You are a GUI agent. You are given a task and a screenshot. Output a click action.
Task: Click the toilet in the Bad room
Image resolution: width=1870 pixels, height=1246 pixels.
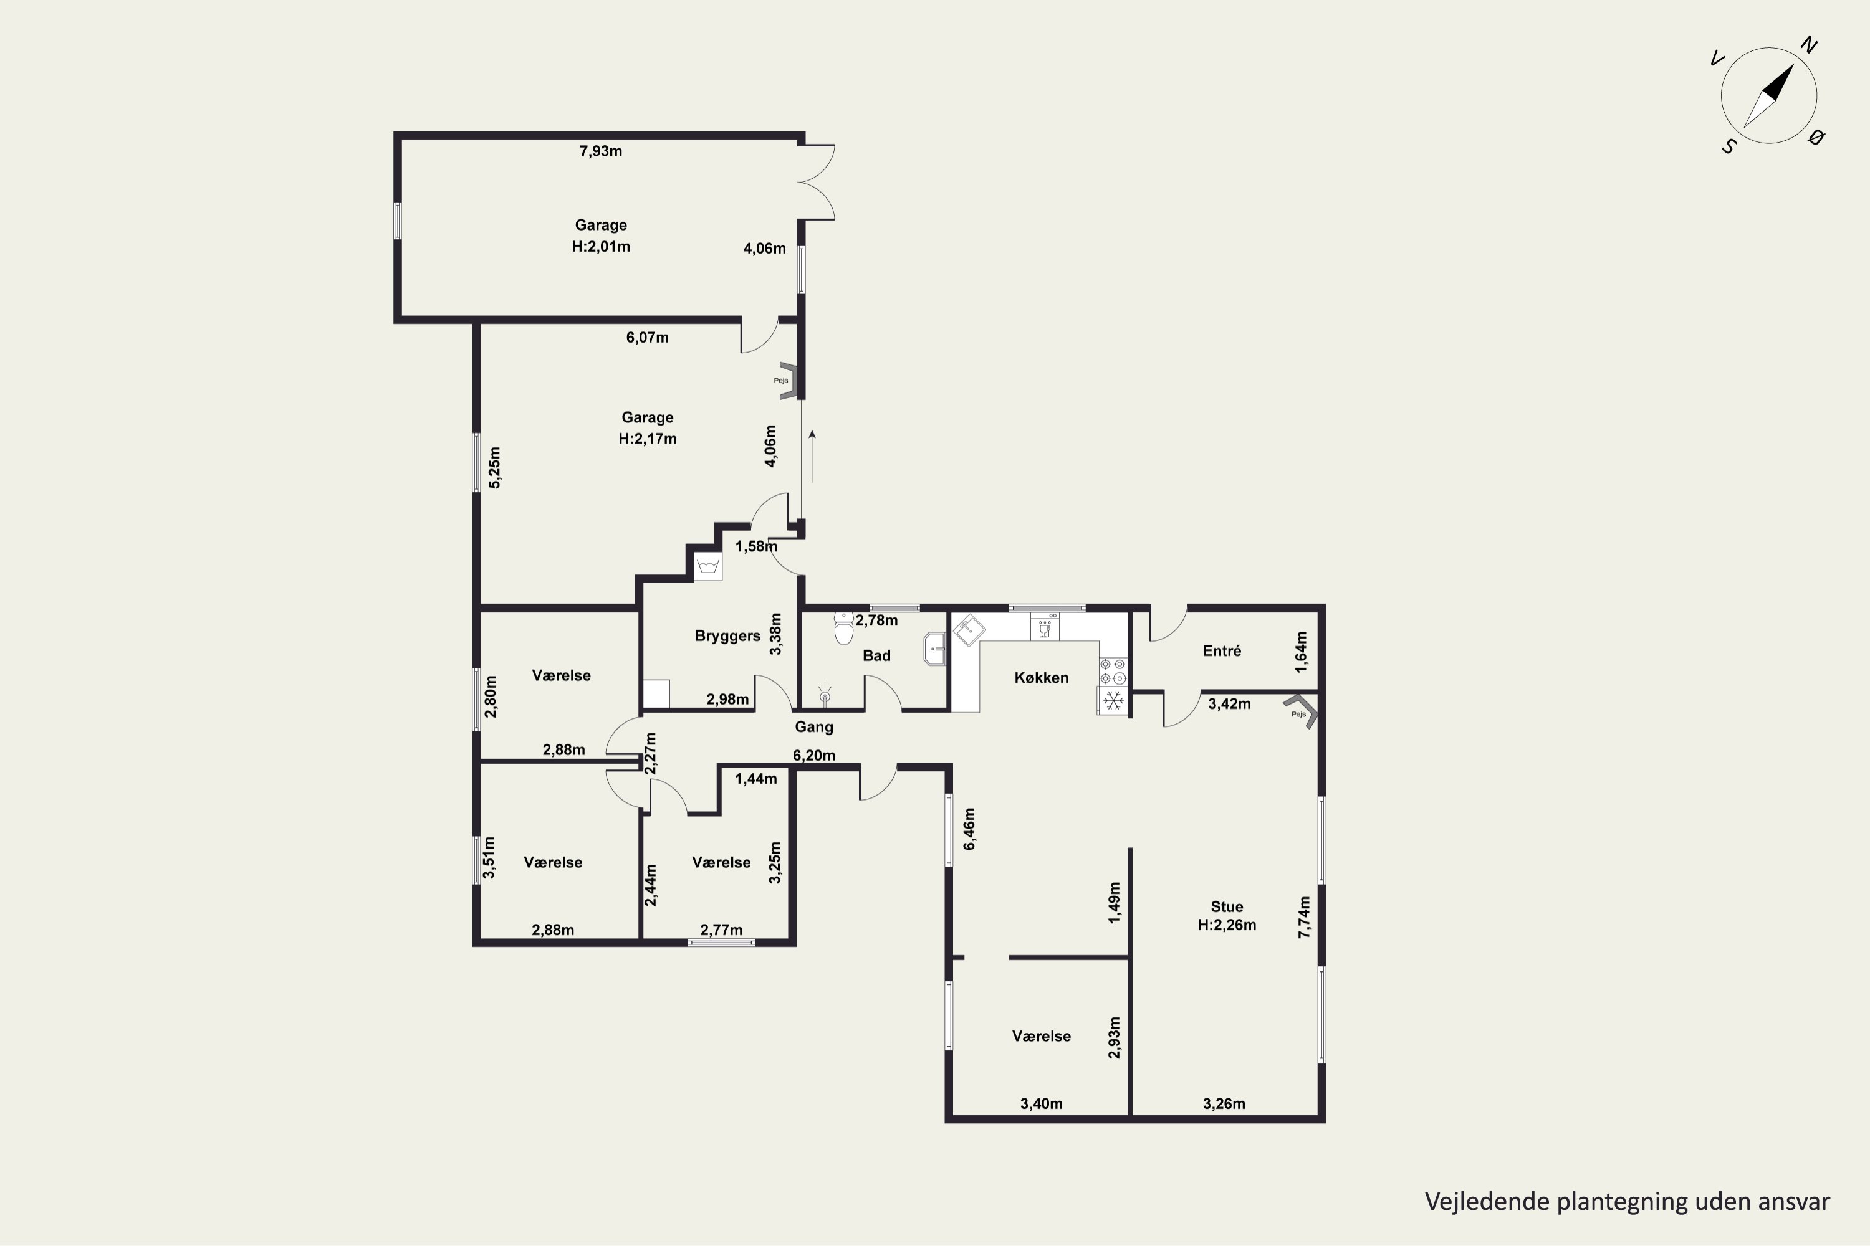coord(843,629)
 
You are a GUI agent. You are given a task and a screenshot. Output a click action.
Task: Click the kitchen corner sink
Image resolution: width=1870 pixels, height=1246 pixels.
coord(969,631)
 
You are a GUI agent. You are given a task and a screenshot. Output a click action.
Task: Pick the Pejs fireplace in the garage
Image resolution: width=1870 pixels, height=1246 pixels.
coord(787,381)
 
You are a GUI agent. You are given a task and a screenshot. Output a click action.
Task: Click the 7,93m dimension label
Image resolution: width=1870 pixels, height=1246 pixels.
coord(600,151)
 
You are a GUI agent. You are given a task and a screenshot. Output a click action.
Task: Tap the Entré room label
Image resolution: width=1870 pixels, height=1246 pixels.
coord(1221,651)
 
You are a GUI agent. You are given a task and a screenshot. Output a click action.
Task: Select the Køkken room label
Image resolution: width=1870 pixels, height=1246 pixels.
coord(1041,678)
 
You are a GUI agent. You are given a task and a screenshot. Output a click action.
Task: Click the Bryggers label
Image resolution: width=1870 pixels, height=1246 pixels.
coord(727,635)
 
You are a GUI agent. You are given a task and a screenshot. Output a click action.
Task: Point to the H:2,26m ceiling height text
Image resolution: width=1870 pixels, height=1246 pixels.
coord(1227,925)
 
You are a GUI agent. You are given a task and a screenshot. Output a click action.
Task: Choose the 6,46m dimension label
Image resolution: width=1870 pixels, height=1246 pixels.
coord(969,829)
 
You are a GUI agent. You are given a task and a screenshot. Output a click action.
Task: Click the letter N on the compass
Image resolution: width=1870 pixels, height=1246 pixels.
coord(1809,45)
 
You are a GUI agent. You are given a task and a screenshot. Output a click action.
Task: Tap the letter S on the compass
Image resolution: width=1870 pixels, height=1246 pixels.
coord(1729,147)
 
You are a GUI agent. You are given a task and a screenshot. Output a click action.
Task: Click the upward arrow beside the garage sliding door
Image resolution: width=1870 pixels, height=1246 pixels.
coord(812,456)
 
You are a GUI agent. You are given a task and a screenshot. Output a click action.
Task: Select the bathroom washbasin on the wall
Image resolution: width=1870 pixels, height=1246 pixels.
coord(934,649)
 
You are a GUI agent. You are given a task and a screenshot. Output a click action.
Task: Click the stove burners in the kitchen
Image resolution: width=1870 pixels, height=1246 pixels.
coord(1112,671)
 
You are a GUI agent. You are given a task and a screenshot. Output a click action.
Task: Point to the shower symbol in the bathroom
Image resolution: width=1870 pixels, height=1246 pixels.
coord(825,695)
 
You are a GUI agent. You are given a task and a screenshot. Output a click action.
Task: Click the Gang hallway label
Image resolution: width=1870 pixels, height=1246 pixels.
coord(814,727)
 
